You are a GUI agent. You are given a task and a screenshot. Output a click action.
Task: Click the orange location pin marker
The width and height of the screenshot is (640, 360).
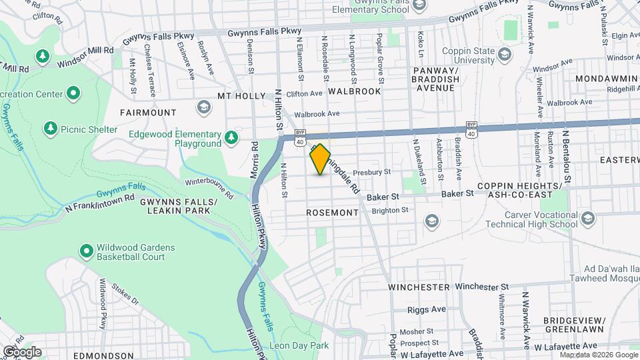320,159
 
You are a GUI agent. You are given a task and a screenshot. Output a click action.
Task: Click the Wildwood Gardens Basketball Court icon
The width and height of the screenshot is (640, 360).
86,251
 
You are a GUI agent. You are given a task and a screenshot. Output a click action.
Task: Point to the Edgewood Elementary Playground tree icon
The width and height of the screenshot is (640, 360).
231,137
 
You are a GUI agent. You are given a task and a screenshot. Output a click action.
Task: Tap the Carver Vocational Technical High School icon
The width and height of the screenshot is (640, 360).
587,218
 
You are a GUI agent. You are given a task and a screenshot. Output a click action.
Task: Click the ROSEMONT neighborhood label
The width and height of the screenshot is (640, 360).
332,213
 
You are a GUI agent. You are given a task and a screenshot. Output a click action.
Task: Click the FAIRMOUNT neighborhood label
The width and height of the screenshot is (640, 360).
148,113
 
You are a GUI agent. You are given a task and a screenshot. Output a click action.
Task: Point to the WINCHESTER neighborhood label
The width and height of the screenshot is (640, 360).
419,287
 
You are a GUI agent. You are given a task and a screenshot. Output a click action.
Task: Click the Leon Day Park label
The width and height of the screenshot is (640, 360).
299,346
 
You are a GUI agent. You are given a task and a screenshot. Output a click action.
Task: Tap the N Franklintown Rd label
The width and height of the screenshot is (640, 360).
100,203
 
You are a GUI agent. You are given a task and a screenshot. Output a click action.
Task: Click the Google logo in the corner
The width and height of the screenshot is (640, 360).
22,351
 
